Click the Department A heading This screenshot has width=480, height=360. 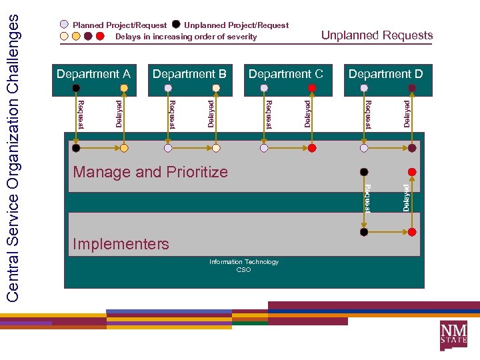[x=93, y=74]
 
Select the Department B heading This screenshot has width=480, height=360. [x=189, y=74]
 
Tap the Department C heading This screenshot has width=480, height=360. [x=285, y=74]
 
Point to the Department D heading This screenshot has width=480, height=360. [x=385, y=74]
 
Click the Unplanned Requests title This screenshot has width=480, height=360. [x=377, y=35]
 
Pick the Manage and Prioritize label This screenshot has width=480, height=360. [x=150, y=172]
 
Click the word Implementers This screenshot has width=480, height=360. [x=121, y=244]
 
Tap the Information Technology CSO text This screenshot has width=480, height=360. [x=244, y=266]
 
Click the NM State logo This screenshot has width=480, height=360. [x=453, y=335]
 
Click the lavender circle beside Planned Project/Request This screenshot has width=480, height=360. [x=64, y=25]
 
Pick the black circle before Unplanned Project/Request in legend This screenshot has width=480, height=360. [x=176, y=25]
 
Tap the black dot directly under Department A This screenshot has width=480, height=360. [x=77, y=87]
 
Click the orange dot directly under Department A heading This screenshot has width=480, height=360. [x=124, y=87]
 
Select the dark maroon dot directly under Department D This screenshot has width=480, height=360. [x=412, y=87]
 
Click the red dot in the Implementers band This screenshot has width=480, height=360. [x=412, y=232]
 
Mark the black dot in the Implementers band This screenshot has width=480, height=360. [x=364, y=232]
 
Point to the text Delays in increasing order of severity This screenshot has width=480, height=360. [x=186, y=37]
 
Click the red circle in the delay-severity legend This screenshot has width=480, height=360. [x=100, y=36]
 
